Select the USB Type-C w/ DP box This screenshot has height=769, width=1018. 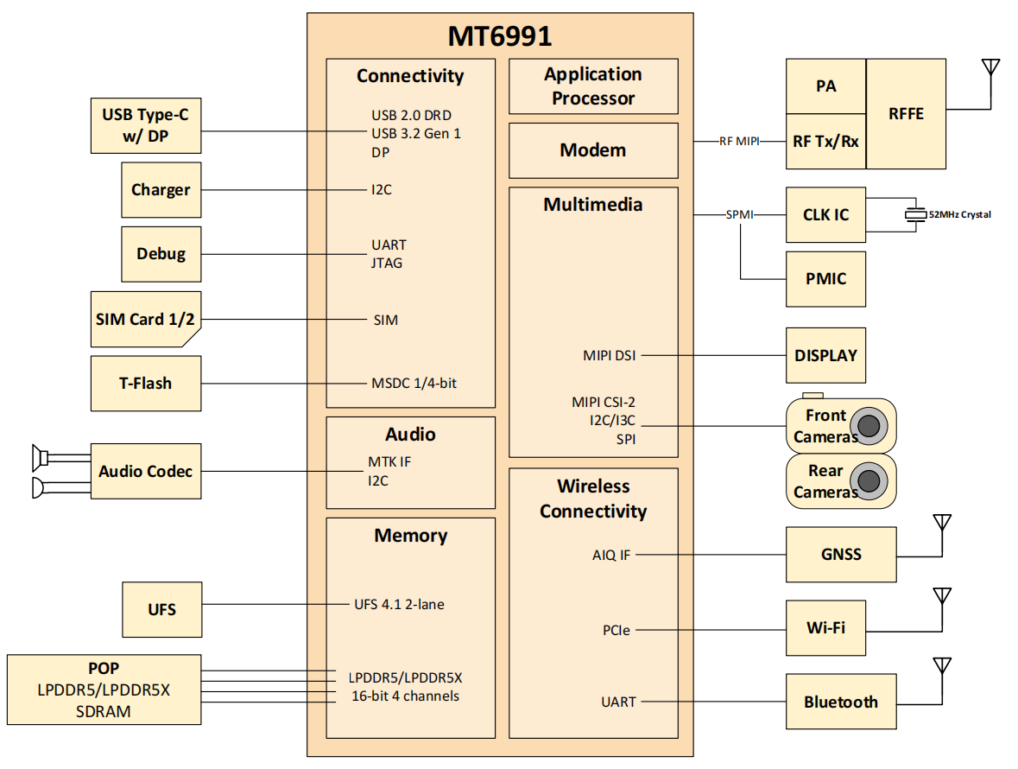[x=145, y=126]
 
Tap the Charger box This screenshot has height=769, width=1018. [x=161, y=190]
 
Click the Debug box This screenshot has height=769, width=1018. [x=161, y=254]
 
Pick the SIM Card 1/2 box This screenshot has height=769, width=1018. [x=145, y=320]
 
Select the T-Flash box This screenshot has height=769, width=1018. [x=145, y=383]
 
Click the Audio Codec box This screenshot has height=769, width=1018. [x=145, y=471]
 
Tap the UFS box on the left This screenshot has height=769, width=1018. [x=161, y=610]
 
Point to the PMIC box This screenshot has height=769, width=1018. [x=825, y=279]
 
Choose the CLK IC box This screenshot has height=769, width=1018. [x=825, y=214]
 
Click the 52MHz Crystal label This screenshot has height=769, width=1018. [x=959, y=214]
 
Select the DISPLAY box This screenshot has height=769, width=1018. [x=825, y=355]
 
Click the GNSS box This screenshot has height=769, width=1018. [x=841, y=555]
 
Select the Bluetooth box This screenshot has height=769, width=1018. [x=841, y=702]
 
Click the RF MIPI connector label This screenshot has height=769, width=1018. [x=738, y=142]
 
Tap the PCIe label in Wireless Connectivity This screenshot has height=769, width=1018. [x=616, y=630]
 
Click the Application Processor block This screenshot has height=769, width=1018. [x=592, y=86]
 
